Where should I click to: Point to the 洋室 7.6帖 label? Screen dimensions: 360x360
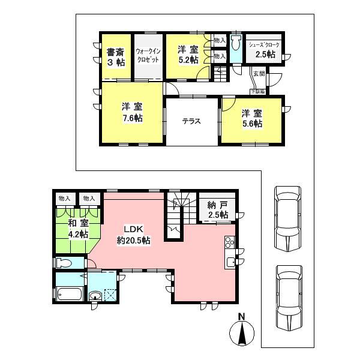point(132,112)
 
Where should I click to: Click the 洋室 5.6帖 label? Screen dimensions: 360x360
point(252,118)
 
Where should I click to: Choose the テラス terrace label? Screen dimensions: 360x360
point(191,120)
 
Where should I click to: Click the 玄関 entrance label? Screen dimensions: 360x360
point(259,74)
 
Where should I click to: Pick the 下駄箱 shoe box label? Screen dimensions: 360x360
point(259,91)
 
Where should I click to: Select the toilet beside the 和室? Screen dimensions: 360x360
point(63,263)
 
